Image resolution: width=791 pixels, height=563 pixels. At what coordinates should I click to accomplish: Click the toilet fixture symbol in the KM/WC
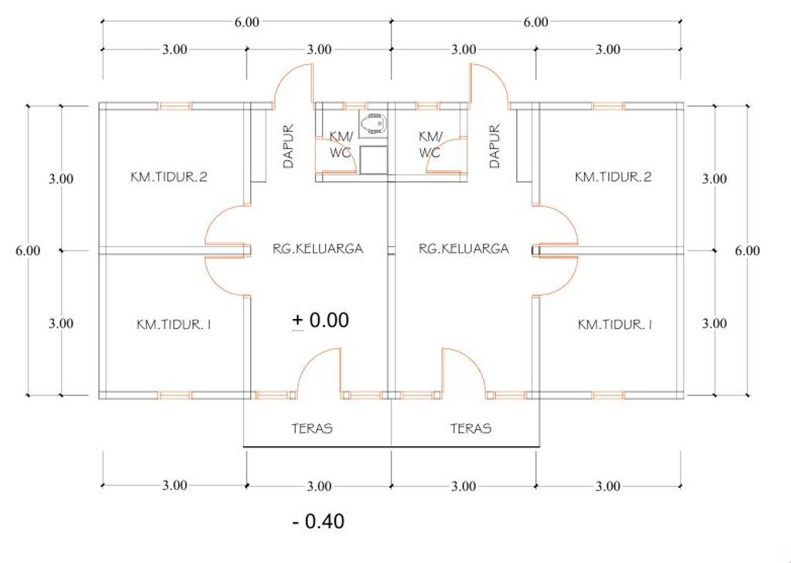pyautogui.click(x=375, y=123)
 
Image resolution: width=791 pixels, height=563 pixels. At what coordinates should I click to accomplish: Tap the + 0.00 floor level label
pyautogui.click(x=321, y=321)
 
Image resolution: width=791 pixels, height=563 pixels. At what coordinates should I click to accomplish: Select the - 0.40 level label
pyautogui.click(x=318, y=521)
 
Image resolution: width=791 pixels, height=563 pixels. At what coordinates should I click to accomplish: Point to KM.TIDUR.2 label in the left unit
pyautogui.click(x=168, y=177)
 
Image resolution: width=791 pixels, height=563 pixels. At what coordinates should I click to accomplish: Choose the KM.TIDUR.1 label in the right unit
pyautogui.click(x=615, y=324)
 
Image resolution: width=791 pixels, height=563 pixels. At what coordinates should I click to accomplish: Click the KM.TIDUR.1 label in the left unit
pyautogui.click(x=174, y=324)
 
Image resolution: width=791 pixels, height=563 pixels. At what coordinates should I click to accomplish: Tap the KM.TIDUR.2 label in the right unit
pyautogui.click(x=613, y=177)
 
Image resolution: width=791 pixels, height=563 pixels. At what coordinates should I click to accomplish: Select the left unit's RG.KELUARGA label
pyautogui.click(x=317, y=249)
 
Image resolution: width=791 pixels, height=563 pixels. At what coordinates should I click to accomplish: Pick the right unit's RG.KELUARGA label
pyautogui.click(x=463, y=249)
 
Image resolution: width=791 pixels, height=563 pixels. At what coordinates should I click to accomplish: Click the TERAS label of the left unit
pyautogui.click(x=312, y=429)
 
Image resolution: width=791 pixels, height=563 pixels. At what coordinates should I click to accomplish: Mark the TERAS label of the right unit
pyautogui.click(x=470, y=429)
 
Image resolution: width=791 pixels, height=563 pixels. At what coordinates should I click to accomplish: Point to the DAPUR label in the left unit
pyautogui.click(x=288, y=146)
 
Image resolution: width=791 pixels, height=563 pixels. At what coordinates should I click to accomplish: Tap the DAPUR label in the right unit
pyautogui.click(x=494, y=146)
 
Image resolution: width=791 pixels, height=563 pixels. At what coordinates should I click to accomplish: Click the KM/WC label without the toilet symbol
pyautogui.click(x=430, y=144)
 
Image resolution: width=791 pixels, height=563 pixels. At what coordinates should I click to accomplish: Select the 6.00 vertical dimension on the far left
pyautogui.click(x=28, y=251)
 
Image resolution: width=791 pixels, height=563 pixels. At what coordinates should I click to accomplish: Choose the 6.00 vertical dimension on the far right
pyautogui.click(x=747, y=251)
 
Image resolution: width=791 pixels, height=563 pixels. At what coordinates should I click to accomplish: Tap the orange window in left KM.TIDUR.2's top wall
pyautogui.click(x=175, y=106)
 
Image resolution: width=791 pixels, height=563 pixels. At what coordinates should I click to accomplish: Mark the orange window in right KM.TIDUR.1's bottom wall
pyautogui.click(x=609, y=395)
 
